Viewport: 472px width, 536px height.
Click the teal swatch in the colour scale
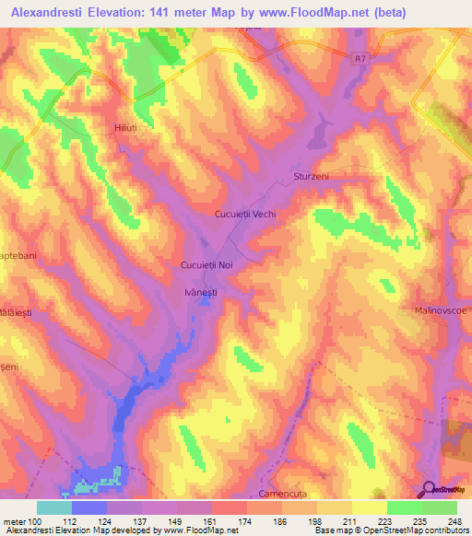[x=54, y=507]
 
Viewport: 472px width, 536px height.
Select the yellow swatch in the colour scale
[x=369, y=507]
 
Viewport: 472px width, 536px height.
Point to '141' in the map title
[x=187, y=12]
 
